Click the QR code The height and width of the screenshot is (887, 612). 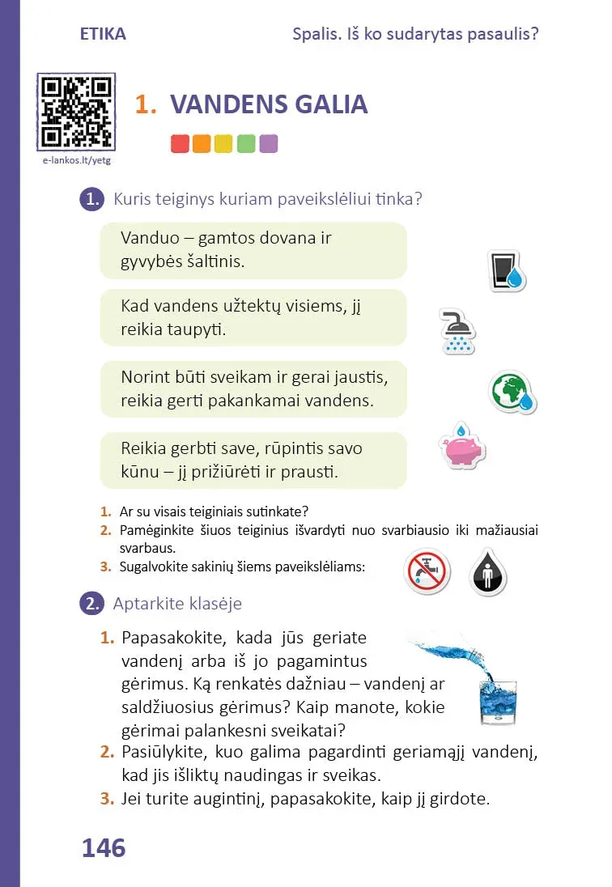click(76, 112)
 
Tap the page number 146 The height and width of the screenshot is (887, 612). click(104, 848)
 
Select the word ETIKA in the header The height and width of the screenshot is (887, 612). click(103, 34)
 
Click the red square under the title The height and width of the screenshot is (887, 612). click(180, 144)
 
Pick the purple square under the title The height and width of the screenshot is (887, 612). click(269, 144)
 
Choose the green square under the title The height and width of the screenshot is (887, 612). click(247, 144)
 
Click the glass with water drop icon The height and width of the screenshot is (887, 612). click(508, 271)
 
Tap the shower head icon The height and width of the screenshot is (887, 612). click(458, 331)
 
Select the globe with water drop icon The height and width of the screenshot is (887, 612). click(513, 393)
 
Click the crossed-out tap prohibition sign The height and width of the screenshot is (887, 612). click(426, 574)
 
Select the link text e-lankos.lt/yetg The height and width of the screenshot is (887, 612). click(76, 160)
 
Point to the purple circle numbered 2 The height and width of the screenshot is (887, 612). click(91, 604)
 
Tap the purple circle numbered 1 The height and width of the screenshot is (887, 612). click(91, 199)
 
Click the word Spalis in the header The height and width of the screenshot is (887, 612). click(316, 34)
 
